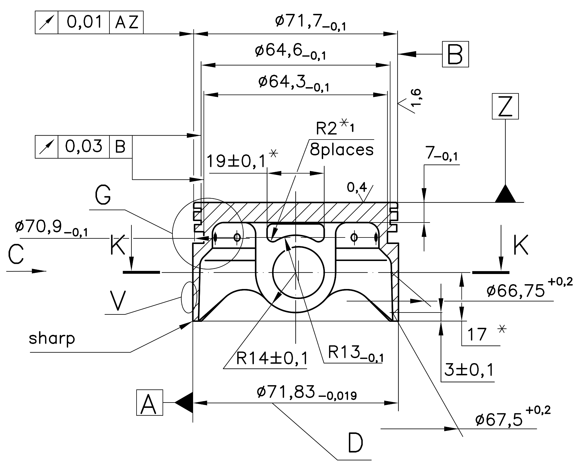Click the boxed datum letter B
[x=455, y=54]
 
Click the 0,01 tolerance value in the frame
[x=84, y=22]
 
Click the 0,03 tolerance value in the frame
[x=84, y=147]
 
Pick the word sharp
[x=52, y=338]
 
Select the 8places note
[x=342, y=150]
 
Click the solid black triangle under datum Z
[x=505, y=194]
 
